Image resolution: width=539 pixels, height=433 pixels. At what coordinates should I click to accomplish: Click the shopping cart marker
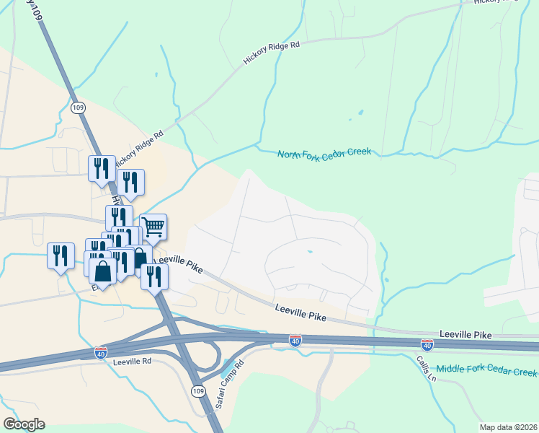[x=153, y=227]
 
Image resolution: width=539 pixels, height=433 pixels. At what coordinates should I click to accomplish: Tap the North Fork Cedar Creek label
[x=324, y=153]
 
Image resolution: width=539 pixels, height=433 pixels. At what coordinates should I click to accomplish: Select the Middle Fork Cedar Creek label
[x=486, y=370]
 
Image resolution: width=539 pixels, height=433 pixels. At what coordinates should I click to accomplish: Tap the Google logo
[x=24, y=424]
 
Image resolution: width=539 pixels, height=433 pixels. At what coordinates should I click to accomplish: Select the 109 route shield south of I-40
[x=200, y=390]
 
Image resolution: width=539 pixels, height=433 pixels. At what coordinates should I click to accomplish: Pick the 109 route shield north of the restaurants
[x=78, y=107]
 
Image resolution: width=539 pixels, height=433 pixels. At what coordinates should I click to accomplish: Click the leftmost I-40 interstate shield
[x=101, y=352]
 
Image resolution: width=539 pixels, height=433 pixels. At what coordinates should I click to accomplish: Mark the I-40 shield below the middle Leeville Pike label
[x=295, y=339]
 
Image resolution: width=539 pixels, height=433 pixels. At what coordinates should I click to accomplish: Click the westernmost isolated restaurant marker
[x=61, y=255]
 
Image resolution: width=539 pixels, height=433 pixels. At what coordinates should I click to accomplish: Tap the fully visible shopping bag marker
[x=103, y=271]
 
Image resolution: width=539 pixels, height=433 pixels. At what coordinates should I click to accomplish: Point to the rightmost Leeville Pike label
[x=465, y=336]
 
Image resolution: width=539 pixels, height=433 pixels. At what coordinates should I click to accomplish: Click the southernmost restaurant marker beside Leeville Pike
[x=153, y=276]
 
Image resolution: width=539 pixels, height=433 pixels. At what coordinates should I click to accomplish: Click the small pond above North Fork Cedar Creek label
[x=359, y=113]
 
